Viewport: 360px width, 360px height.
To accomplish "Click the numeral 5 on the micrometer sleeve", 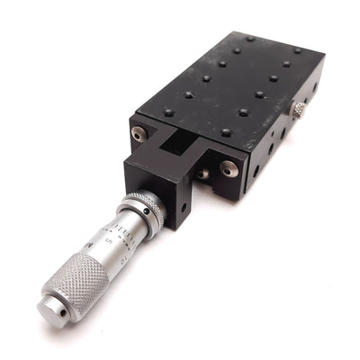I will pos(109,240).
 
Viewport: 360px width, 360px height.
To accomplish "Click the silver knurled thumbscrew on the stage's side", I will pos(296,110).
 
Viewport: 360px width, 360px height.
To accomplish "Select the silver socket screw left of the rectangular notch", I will pos(137,134).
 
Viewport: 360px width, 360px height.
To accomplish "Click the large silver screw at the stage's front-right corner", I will pos(230,167).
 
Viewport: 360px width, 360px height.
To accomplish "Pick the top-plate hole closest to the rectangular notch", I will pos(168,112).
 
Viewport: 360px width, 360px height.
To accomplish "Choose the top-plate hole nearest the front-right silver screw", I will pos(226,132).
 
